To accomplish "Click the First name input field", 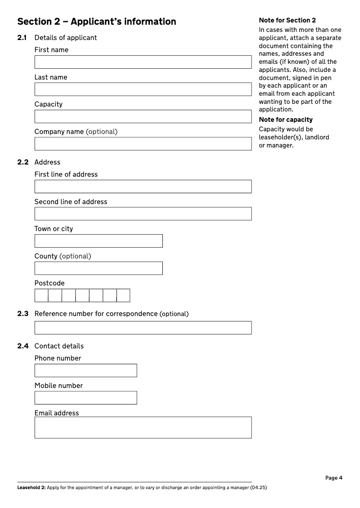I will pyautogui.click(x=143, y=62).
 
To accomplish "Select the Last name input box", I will pyautogui.click(x=143, y=89).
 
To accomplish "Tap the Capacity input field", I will pyautogui.click(x=143, y=116).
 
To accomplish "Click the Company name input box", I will pyautogui.click(x=143, y=144).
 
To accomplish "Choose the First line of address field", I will pyautogui.click(x=143, y=187).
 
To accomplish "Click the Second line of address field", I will pyautogui.click(x=143, y=214).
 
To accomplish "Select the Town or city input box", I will pyautogui.click(x=99, y=241).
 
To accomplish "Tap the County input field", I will pyautogui.click(x=99, y=268).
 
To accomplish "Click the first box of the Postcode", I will pyautogui.click(x=41, y=295).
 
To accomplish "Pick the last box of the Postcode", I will pyautogui.click(x=123, y=295).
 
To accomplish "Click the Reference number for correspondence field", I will pyautogui.click(x=143, y=328).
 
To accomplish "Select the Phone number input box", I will pyautogui.click(x=85, y=370).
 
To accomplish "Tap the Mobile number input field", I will pyautogui.click(x=85, y=398).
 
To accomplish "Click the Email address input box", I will pyautogui.click(x=143, y=428).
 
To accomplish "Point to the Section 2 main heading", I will pyautogui.click(x=97, y=22).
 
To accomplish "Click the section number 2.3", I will pyautogui.click(x=23, y=314).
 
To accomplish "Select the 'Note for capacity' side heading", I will pyautogui.click(x=286, y=120).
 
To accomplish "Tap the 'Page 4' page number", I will pyautogui.click(x=334, y=478).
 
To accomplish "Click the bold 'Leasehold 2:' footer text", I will pyautogui.click(x=31, y=487).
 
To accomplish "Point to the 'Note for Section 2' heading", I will pyautogui.click(x=287, y=20).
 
